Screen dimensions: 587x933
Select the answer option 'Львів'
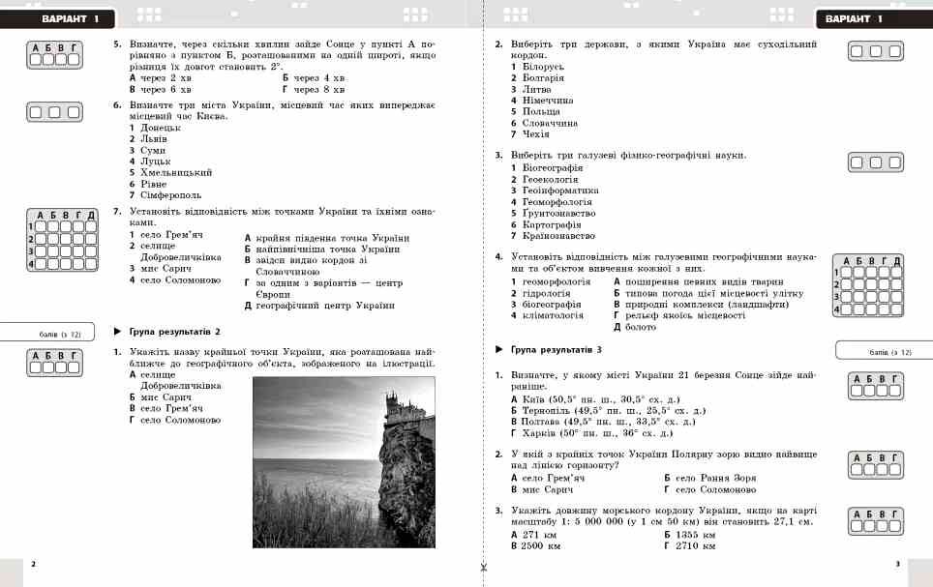point(153,138)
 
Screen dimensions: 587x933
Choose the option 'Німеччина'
point(548,100)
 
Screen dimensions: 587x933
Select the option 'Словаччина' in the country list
point(550,123)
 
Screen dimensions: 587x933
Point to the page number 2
point(33,564)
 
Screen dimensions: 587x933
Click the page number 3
point(897,564)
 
